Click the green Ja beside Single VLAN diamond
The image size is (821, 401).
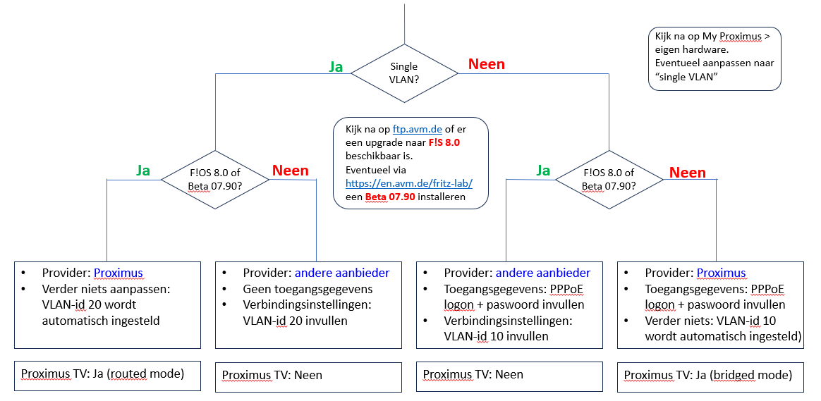(336, 66)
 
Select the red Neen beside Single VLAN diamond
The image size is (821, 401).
(487, 64)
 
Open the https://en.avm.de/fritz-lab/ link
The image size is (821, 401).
(408, 183)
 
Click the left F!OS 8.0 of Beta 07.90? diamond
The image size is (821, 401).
(215, 179)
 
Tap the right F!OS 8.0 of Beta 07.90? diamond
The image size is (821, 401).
(609, 179)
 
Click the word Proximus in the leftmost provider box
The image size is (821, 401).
(118, 273)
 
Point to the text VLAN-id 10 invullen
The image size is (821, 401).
(496, 335)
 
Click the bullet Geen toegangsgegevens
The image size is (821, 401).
(308, 289)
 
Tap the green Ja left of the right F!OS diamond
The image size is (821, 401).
(543, 171)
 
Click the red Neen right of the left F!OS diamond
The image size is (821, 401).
(291, 171)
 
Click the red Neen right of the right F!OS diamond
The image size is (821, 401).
(687, 173)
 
